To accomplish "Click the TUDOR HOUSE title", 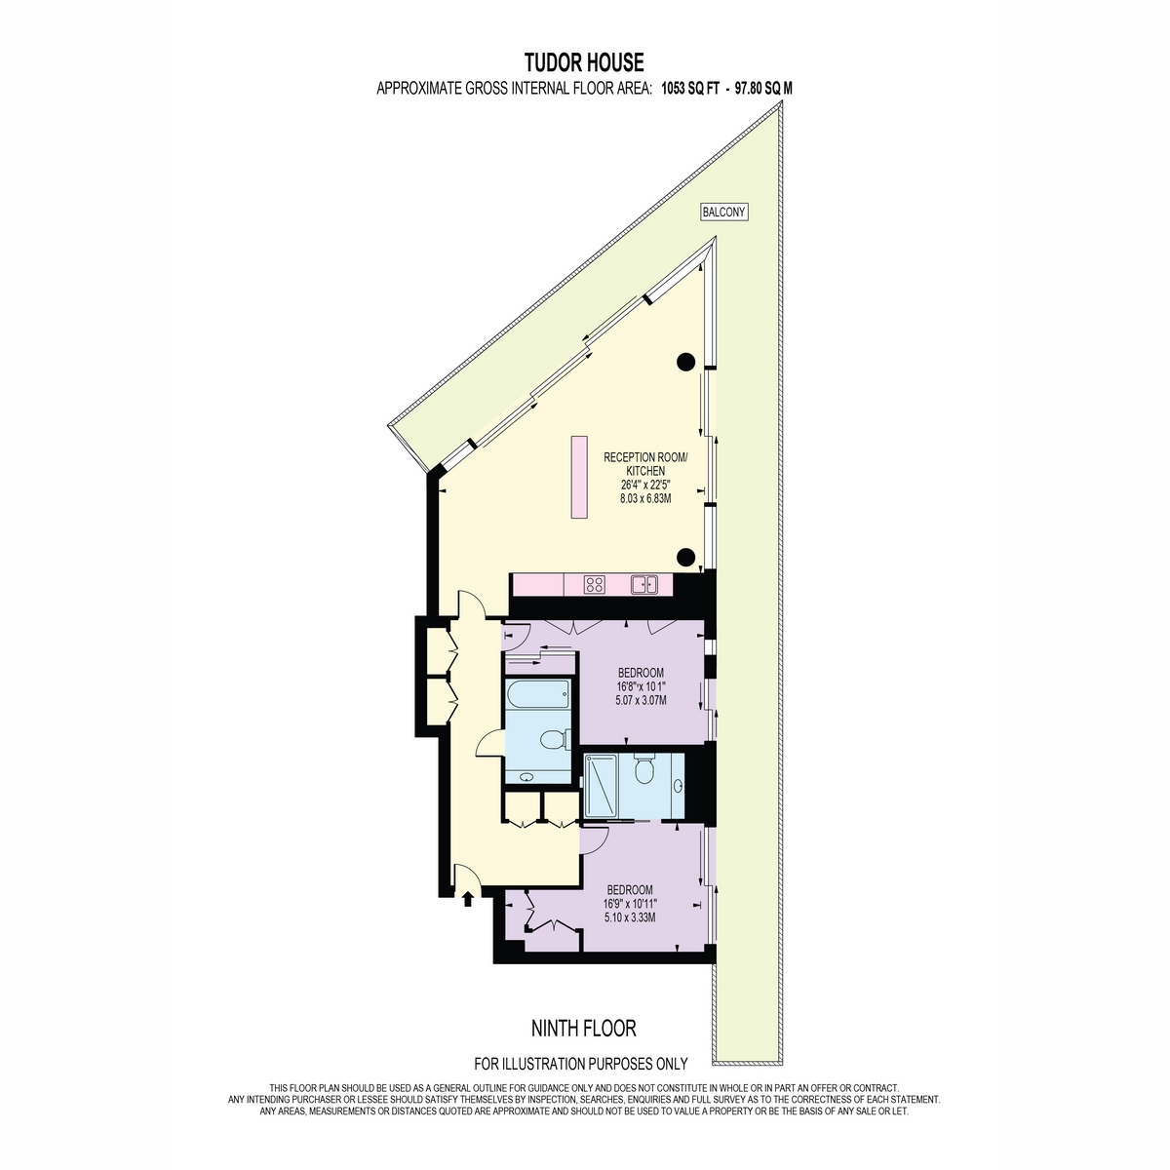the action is [x=583, y=62].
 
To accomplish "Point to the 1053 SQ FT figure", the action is [x=688, y=89].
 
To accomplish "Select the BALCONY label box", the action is [x=723, y=212].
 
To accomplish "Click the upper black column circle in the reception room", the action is [x=685, y=362].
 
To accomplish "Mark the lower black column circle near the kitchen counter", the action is [x=685, y=556].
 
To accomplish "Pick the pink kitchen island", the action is [x=578, y=477].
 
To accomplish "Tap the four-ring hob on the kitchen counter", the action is [x=594, y=585].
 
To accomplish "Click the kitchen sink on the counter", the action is [x=643, y=585].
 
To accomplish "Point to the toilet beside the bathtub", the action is [x=555, y=739].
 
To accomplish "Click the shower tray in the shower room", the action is [x=600, y=786].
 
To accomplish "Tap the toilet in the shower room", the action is [x=643, y=768].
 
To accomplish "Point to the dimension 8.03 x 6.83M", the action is [x=644, y=498].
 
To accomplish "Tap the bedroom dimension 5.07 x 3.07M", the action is [x=642, y=700].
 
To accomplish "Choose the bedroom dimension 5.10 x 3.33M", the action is [x=630, y=917].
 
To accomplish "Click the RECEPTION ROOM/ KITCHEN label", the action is [x=645, y=464].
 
